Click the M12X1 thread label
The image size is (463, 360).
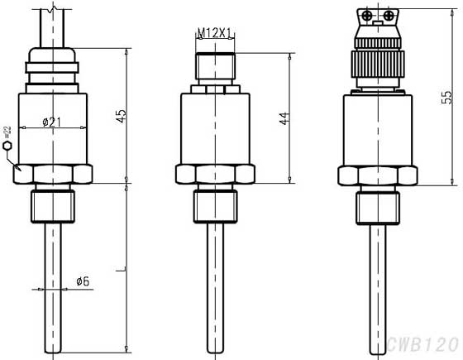[213, 34]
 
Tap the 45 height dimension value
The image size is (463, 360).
[121, 115]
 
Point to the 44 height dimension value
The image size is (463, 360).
[284, 117]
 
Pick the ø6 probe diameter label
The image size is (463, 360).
[82, 281]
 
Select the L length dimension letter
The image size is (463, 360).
[120, 269]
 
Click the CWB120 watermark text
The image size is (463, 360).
[422, 343]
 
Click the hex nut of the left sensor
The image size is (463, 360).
[53, 174]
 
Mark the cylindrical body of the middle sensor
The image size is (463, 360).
[214, 128]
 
